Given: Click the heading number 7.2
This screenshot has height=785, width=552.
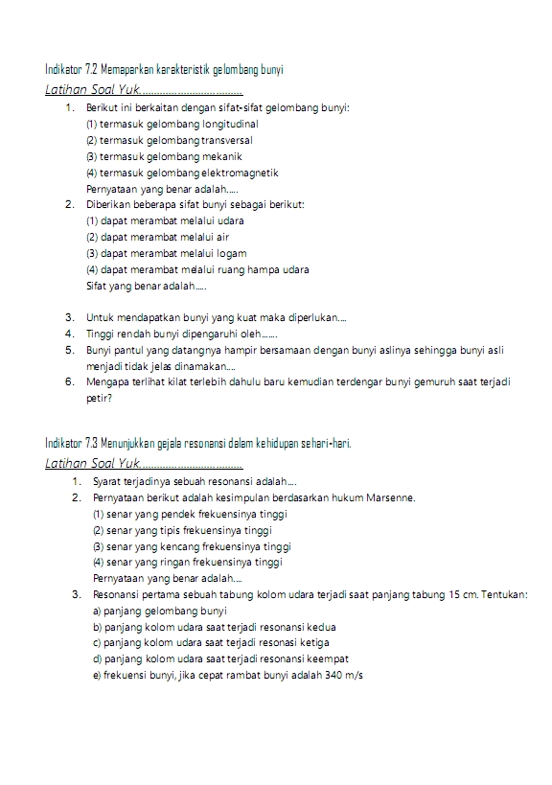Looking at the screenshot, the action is [x=90, y=70].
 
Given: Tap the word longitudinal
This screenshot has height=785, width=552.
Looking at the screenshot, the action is [x=228, y=124].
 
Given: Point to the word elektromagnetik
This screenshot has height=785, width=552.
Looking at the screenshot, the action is [x=240, y=173].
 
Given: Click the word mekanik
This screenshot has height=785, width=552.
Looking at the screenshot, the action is [x=221, y=156].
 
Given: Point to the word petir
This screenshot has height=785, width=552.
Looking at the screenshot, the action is [x=97, y=397].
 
